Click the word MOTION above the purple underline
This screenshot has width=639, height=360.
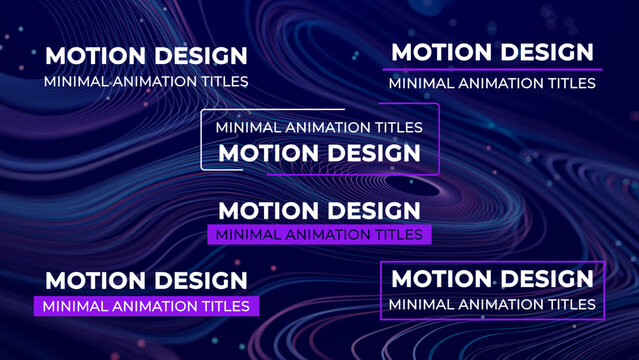(436, 52)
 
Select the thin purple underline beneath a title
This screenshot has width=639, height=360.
(492, 69)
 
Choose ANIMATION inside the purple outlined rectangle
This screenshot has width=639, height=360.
(493, 304)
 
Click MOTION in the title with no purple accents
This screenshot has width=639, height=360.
(90, 56)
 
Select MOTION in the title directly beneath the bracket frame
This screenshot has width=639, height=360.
(263, 211)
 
